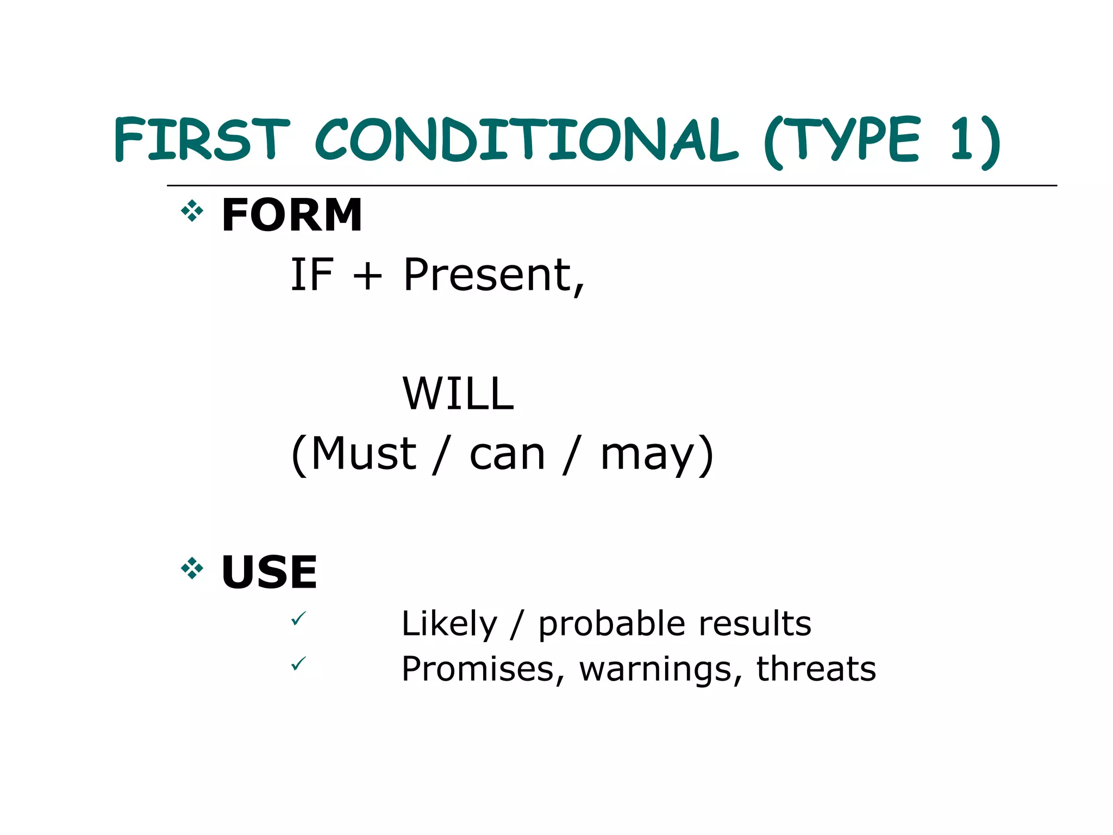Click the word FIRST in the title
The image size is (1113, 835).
coord(202,139)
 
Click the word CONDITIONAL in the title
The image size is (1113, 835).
coord(526,139)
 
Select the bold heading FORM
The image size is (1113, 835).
coord(292,215)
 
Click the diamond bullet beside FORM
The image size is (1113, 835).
coord(192,211)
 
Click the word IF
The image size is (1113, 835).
coord(311,275)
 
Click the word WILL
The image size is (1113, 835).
coord(458,394)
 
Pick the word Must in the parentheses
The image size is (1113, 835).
coord(363,454)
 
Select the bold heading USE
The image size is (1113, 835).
coord(269,572)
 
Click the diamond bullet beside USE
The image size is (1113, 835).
coord(192,569)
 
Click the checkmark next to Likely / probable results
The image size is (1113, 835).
coord(298,619)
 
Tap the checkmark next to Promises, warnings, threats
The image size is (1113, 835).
coord(298,664)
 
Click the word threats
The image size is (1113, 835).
coord(816,669)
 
